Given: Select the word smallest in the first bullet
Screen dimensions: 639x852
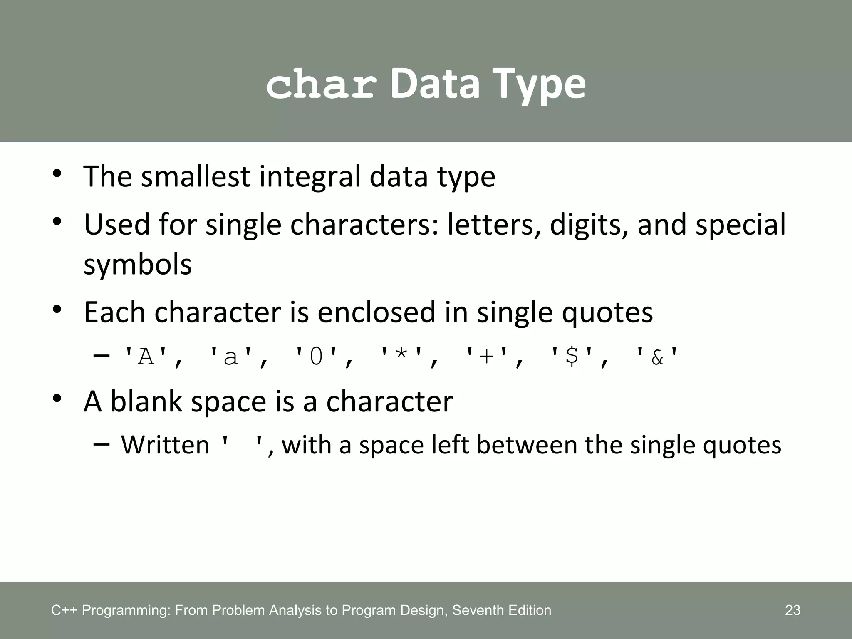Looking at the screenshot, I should click(x=196, y=176).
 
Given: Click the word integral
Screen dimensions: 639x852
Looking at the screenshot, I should click(x=311, y=176).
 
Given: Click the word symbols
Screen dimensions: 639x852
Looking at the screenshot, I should click(x=138, y=265).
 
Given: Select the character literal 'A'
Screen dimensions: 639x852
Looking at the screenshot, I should click(x=146, y=357).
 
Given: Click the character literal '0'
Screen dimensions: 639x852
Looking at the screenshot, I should click(x=316, y=357).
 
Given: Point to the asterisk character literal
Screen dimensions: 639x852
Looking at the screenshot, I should click(x=402, y=357).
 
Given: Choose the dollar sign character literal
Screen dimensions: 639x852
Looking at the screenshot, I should click(x=572, y=357).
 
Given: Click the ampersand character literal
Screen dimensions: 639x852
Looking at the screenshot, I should click(x=657, y=357).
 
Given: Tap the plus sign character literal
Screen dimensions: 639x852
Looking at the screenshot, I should click(x=487, y=357).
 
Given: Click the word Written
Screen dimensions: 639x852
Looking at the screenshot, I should click(x=165, y=445).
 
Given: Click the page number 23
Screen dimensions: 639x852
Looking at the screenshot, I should click(x=793, y=610).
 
